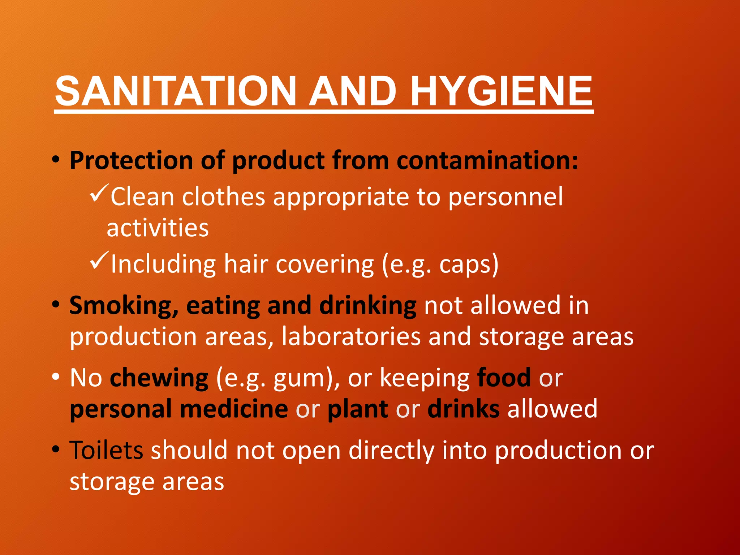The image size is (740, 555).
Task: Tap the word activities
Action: click(x=158, y=228)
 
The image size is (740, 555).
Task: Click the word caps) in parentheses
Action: click(x=469, y=264)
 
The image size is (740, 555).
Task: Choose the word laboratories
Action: click(x=351, y=337)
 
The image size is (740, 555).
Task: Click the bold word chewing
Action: click(x=159, y=378)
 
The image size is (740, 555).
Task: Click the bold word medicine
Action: click(x=234, y=409)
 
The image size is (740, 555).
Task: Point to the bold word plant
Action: click(x=358, y=410)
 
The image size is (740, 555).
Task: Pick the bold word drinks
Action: click(x=464, y=409)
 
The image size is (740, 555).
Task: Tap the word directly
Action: click(x=391, y=451)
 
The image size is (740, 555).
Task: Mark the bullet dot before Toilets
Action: click(x=55, y=449)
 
